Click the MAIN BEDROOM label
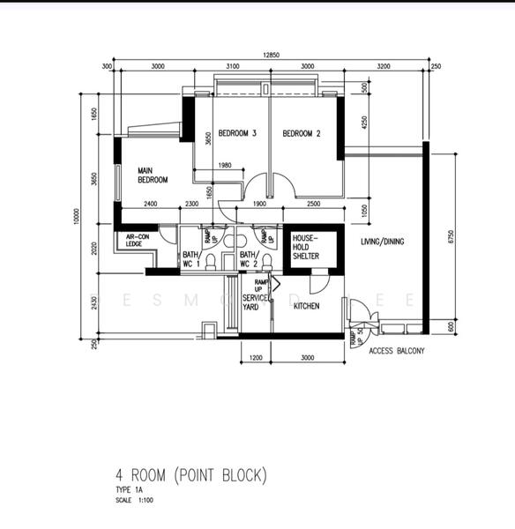[x=152, y=175]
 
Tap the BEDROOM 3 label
[x=237, y=134]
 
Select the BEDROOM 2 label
[x=301, y=134]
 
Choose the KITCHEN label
[x=306, y=306]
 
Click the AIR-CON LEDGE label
[x=136, y=240]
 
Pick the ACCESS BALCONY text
[x=396, y=351]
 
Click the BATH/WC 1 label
[x=191, y=258]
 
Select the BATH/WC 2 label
[x=248, y=258]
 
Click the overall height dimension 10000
[x=77, y=216]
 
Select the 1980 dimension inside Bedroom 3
[x=224, y=166]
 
